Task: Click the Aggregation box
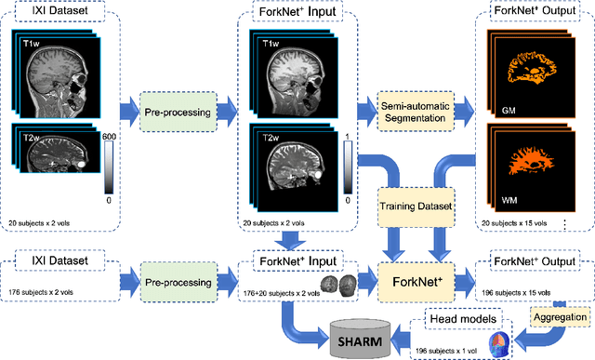tap(561, 317)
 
